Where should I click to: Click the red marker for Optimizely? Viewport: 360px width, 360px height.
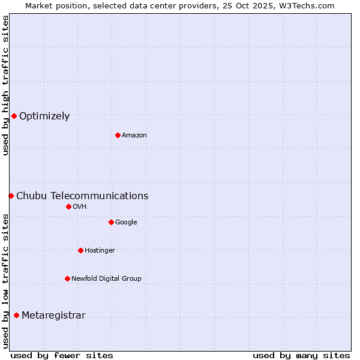(14, 116)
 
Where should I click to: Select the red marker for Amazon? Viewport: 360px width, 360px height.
(118, 135)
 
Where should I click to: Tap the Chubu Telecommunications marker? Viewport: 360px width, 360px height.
(11, 196)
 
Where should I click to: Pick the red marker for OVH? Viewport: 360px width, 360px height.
(68, 206)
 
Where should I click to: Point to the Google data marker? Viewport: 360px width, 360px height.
(111, 222)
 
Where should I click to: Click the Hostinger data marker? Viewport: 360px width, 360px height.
(80, 250)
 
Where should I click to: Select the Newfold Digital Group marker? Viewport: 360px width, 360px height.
(67, 278)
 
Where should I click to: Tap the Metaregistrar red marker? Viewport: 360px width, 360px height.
(16, 315)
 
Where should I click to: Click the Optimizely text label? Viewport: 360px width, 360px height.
(44, 116)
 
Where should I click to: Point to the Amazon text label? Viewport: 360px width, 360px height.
(134, 136)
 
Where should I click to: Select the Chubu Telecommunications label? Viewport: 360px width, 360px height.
(82, 196)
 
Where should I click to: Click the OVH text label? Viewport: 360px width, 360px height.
(80, 207)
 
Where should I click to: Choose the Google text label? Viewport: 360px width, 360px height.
(126, 223)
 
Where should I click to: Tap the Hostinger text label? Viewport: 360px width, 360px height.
(100, 251)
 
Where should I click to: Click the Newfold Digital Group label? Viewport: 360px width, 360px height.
(106, 279)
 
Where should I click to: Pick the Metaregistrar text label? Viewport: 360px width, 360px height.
(53, 316)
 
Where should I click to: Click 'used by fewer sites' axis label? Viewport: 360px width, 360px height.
(62, 356)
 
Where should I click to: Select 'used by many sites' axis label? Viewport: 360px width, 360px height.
(301, 356)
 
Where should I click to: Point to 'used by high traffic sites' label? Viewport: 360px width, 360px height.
(5, 85)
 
